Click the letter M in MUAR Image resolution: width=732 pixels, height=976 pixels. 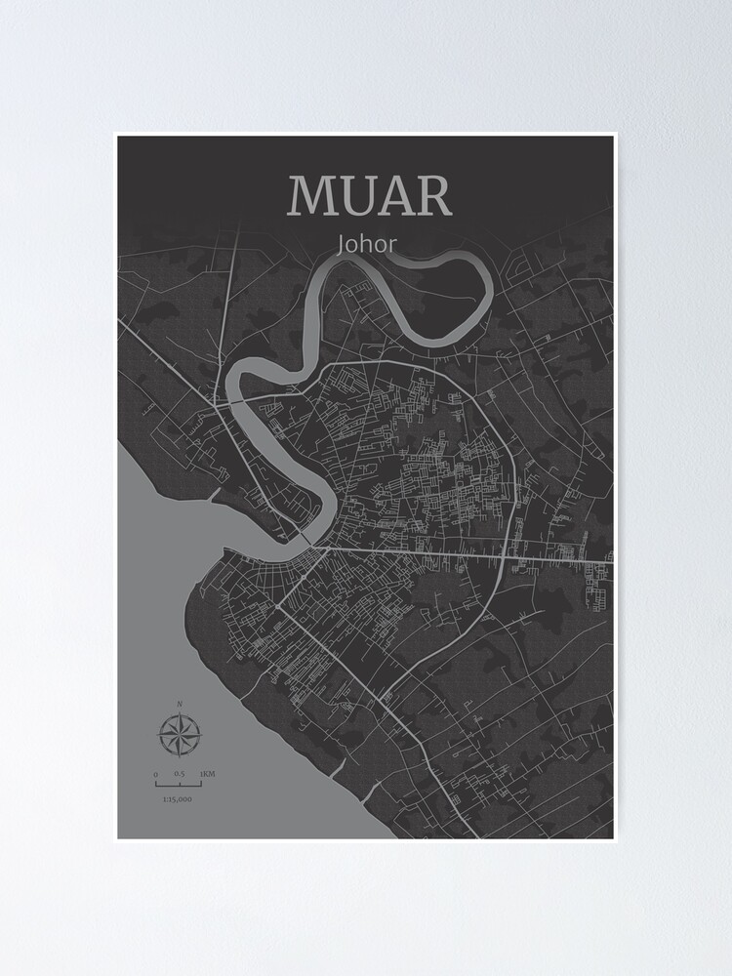311,196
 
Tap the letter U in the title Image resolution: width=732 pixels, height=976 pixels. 359,196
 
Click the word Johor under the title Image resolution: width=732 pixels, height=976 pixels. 366,243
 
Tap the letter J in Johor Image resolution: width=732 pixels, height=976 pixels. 341,244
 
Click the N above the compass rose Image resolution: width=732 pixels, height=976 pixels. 180,704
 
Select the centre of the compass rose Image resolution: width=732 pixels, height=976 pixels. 179,735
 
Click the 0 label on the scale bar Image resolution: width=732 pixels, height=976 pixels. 155,774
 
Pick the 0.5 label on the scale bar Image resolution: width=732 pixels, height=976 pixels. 179,774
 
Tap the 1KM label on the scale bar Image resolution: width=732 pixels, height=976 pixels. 207,774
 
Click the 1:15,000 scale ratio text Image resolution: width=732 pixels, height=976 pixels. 178,799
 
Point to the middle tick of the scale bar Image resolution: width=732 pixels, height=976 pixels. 179,783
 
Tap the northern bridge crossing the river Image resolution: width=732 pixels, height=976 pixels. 227,397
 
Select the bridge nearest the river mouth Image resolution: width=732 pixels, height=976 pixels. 305,540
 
